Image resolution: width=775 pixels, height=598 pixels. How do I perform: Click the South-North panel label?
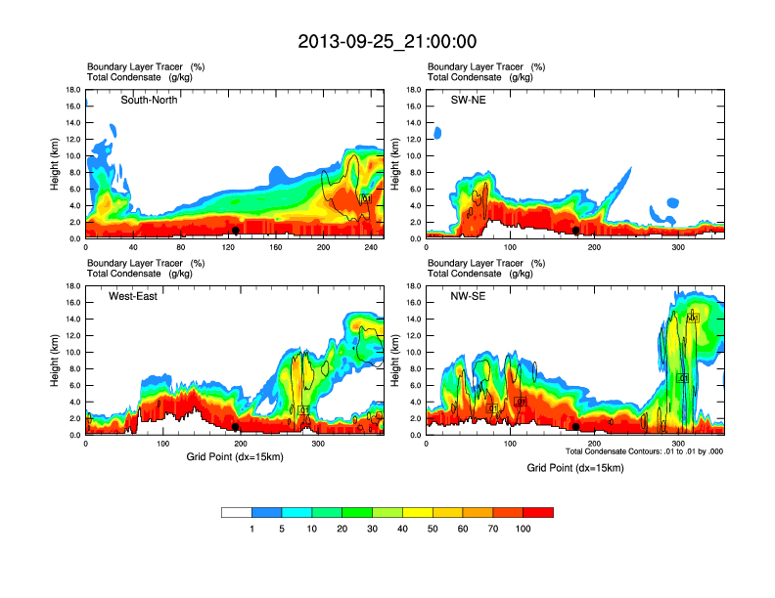(x=149, y=100)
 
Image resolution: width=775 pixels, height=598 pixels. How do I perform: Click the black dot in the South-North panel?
(x=236, y=231)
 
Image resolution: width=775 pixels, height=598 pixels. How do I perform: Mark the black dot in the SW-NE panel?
(x=576, y=231)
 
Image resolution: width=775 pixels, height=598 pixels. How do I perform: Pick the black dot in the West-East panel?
(x=236, y=427)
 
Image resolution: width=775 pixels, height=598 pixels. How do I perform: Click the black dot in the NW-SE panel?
(x=576, y=427)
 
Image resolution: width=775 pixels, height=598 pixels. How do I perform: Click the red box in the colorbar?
(x=538, y=512)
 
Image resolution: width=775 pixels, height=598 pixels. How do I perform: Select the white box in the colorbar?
(x=237, y=512)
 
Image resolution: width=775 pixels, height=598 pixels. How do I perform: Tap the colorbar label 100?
(x=524, y=529)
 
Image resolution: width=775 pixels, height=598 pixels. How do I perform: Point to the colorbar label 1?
(x=252, y=529)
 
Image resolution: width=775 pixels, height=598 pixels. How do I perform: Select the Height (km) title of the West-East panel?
(x=55, y=359)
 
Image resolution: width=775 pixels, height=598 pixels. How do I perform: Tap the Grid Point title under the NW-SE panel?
(x=574, y=468)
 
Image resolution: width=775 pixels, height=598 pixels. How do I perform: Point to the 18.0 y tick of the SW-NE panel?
(x=412, y=90)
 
